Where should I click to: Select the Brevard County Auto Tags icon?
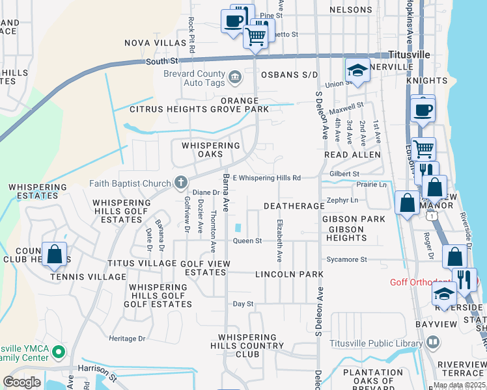pos(234,78)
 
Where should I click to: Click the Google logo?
pos(21,382)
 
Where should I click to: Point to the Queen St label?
pos(247,241)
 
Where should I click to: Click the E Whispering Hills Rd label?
pos(267,178)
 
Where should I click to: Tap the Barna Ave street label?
pos(226,193)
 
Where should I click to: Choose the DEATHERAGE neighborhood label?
pos(294,206)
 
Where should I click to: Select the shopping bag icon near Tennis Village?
pos(55,255)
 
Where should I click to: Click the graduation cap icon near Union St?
pos(357,71)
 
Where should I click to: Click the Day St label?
pos(243,304)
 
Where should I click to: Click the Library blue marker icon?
pos(432,343)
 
